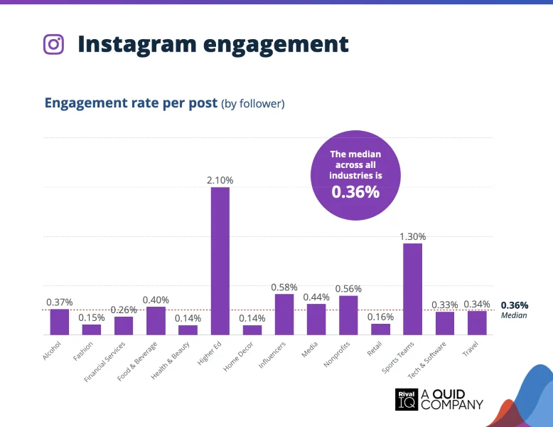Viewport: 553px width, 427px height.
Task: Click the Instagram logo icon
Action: [x=53, y=44]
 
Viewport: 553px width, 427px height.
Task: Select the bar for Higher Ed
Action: [x=220, y=260]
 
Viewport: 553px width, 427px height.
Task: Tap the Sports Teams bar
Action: [x=412, y=288]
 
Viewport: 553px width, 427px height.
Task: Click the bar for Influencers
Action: [x=284, y=314]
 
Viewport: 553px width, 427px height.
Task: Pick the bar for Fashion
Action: [x=91, y=329]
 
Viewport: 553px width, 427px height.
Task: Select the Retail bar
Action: [x=380, y=329]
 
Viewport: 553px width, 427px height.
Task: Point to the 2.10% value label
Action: [x=220, y=181]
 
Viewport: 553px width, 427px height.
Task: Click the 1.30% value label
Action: [x=412, y=236]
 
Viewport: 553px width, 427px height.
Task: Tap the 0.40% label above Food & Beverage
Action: [x=156, y=300]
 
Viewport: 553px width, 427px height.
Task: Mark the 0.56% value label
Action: [x=348, y=288]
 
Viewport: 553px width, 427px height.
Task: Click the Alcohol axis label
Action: [x=53, y=351]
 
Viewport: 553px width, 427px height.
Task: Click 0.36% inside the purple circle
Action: [x=355, y=192]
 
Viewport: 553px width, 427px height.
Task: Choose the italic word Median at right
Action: [x=514, y=315]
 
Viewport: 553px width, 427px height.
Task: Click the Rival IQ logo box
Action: [x=406, y=400]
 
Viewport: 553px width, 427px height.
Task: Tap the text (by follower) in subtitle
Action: [x=253, y=104]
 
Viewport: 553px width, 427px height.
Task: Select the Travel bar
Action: [x=477, y=322]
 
